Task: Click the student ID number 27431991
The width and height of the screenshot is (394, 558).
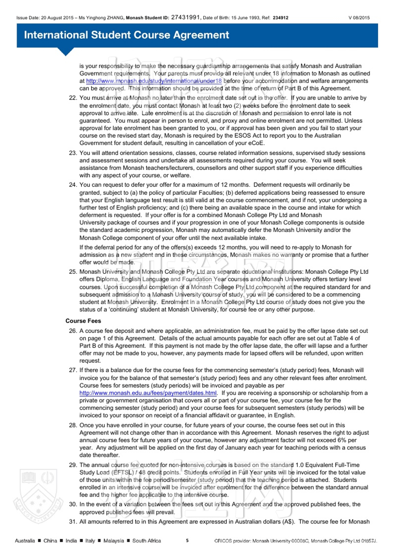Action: [185, 17]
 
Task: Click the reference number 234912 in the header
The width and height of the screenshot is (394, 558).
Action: [281, 18]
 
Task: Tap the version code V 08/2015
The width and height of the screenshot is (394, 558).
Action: [359, 18]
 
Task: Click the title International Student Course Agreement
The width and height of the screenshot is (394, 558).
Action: [126, 35]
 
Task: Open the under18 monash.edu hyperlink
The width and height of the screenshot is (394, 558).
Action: [154, 81]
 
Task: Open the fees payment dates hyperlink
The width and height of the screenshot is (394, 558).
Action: [148, 393]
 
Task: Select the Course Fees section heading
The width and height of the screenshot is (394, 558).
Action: [83, 321]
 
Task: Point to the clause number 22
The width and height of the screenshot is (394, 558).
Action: [73, 98]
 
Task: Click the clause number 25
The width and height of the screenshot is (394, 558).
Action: [73, 272]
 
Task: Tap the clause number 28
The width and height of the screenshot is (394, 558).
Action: [73, 425]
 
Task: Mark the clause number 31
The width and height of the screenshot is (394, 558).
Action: [73, 522]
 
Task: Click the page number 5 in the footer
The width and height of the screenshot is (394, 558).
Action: [187, 540]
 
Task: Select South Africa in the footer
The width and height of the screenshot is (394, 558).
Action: [147, 541]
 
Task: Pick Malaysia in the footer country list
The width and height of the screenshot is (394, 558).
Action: [114, 541]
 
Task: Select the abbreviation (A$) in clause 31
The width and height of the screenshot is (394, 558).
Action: [289, 522]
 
